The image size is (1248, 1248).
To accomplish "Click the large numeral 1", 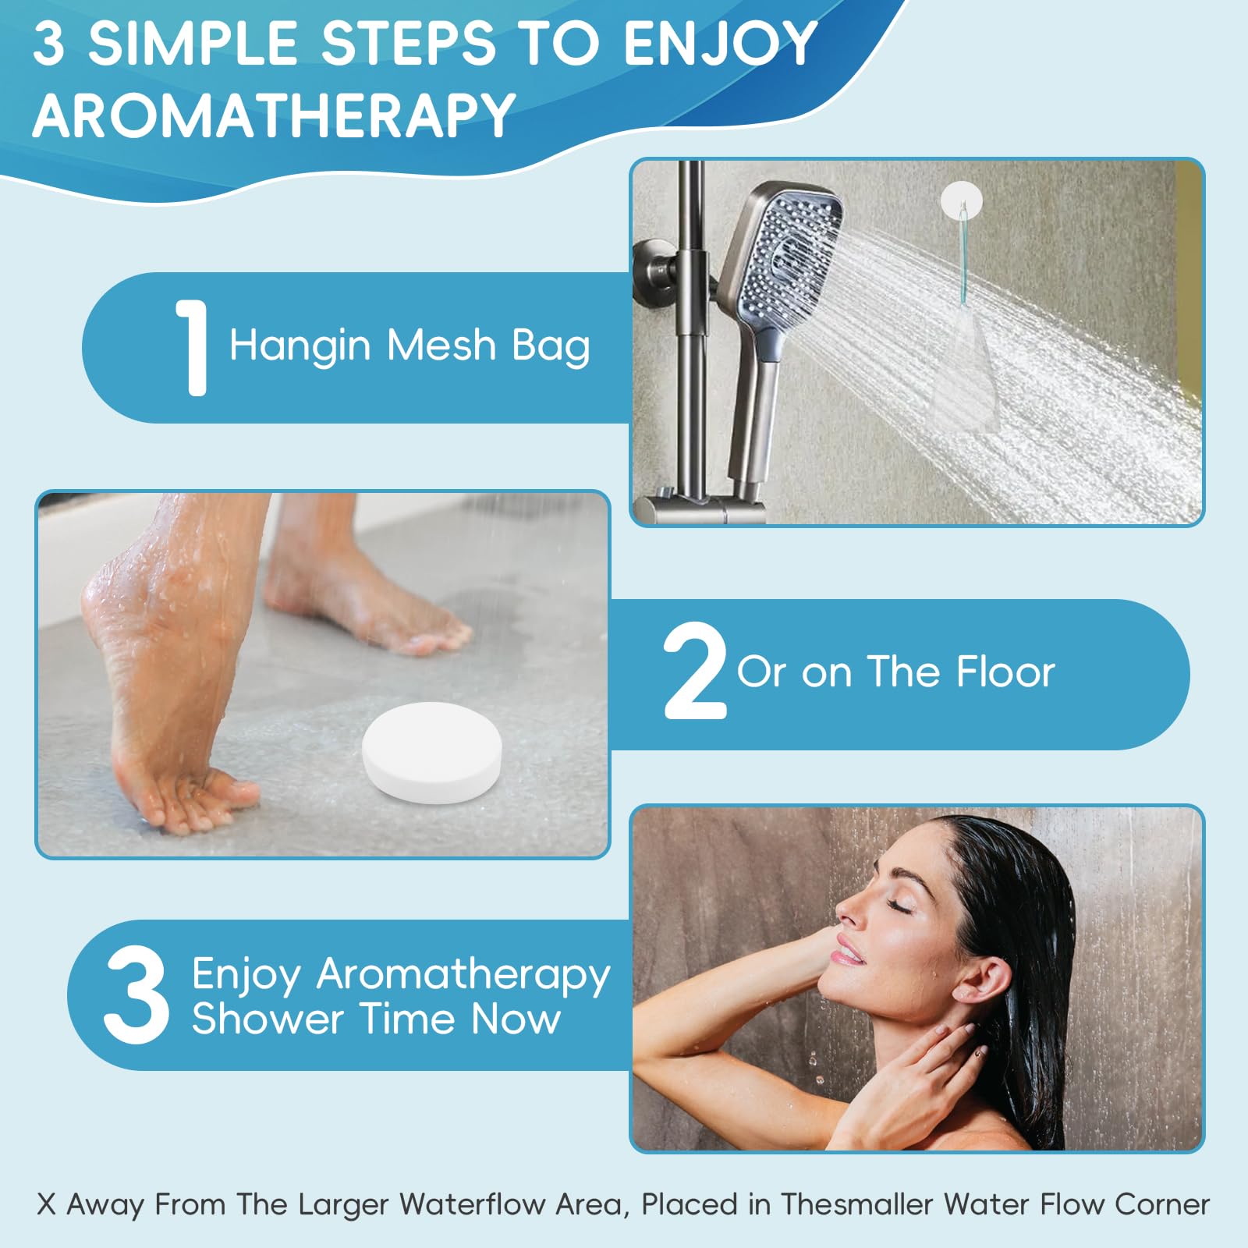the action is point(192,348).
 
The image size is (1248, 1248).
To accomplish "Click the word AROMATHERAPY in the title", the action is point(274,115).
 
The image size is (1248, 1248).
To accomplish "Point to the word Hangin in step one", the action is point(300,346).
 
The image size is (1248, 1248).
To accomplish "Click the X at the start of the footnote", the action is point(47,1204).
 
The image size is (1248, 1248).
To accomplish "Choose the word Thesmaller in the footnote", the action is point(857,1204).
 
